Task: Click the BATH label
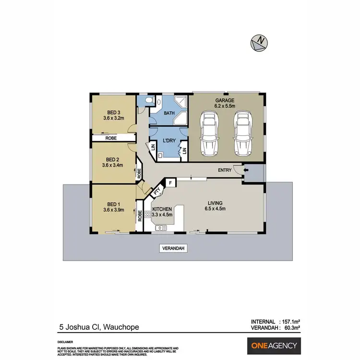click(169, 114)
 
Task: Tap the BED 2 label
click(112, 159)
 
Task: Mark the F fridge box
click(170, 183)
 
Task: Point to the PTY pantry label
click(156, 192)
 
